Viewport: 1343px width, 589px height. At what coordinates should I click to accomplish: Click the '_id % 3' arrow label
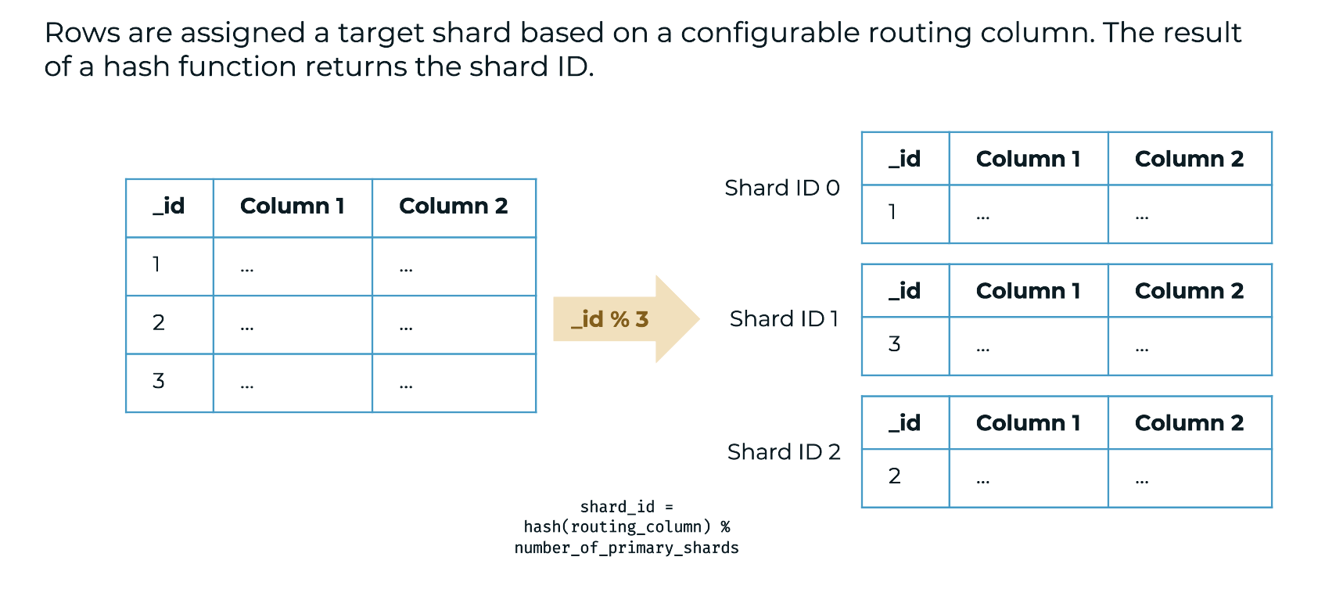609,319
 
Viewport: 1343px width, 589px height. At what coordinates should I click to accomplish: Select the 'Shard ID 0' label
781,188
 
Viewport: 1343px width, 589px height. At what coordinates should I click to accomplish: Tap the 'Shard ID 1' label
784,318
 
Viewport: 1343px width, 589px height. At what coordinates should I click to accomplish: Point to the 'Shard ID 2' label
784,451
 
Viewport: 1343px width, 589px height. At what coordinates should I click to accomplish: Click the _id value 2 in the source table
159,323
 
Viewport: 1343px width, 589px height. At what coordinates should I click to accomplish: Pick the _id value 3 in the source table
159,381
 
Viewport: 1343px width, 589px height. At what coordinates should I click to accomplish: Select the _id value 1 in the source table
156,264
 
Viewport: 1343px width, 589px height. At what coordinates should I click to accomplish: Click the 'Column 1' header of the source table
292,206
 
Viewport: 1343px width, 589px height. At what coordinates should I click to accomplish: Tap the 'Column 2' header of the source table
453,206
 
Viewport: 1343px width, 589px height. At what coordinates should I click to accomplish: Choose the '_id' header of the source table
169,206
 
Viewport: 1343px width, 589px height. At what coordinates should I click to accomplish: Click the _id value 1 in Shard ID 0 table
892,212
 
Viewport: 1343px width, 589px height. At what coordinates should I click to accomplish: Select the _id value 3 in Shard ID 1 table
895,344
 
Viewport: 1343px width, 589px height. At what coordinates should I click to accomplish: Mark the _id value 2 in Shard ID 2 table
895,476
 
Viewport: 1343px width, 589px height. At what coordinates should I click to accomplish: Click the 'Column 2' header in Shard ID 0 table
1189,159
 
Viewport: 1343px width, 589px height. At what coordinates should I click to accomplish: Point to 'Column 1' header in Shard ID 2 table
1028,423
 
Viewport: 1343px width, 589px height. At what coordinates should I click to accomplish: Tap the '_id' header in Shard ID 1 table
905,291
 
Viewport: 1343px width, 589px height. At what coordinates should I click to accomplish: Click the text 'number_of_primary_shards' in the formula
627,548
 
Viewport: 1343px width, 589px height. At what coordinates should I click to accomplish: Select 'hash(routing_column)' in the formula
617,526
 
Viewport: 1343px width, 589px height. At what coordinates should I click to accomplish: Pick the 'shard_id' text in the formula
617,507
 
